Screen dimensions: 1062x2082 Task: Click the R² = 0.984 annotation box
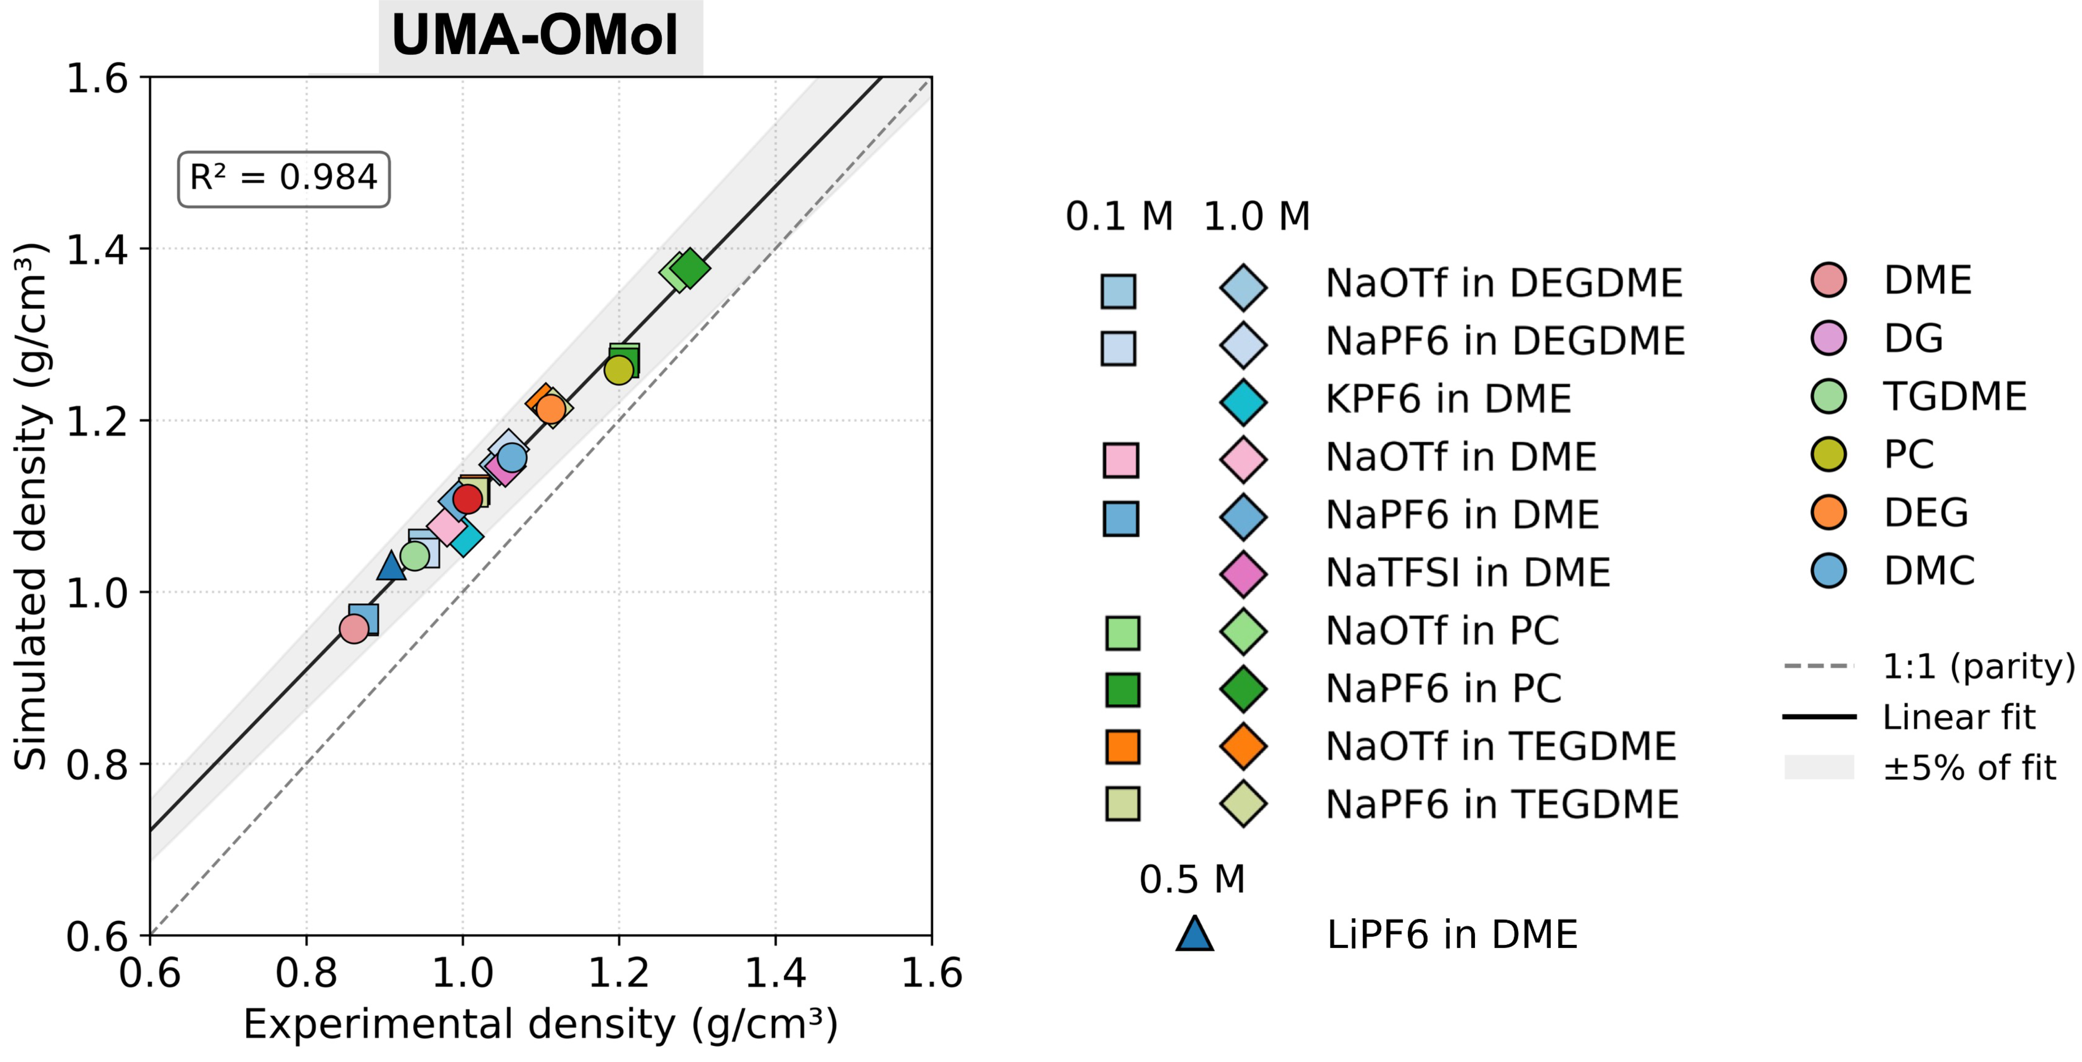[284, 179]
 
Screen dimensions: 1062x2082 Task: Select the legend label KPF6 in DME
[1448, 399]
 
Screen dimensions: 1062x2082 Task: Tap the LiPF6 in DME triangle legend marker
[1195, 934]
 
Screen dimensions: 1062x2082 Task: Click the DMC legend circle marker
[1828, 571]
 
